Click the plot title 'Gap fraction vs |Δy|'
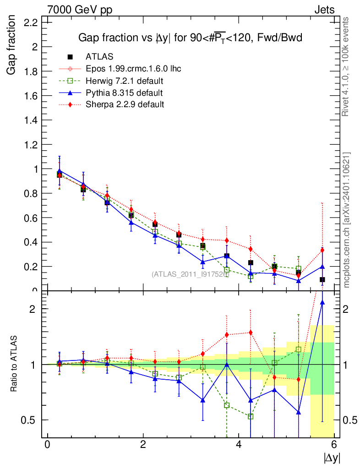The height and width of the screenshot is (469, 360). pyautogui.click(x=190, y=38)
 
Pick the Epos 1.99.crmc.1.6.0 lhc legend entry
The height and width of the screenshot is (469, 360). pyautogui.click(x=133, y=69)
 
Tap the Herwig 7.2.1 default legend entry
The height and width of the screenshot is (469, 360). pyautogui.click(x=125, y=81)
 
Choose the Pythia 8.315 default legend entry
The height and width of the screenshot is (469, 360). pyautogui.click(x=124, y=93)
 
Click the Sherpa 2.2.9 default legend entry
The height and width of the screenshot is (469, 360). pyautogui.click(x=125, y=104)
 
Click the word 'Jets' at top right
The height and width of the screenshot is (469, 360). pyautogui.click(x=324, y=10)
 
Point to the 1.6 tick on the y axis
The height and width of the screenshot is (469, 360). pyautogui.click(x=30, y=95)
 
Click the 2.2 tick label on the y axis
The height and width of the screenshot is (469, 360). pyautogui.click(x=30, y=22)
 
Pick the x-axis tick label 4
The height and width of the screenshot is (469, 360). pyautogui.click(x=239, y=444)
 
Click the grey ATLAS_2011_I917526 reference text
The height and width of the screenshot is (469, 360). pyautogui.click(x=190, y=274)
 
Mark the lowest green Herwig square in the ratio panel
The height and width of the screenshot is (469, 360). pyautogui.click(x=251, y=416)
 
